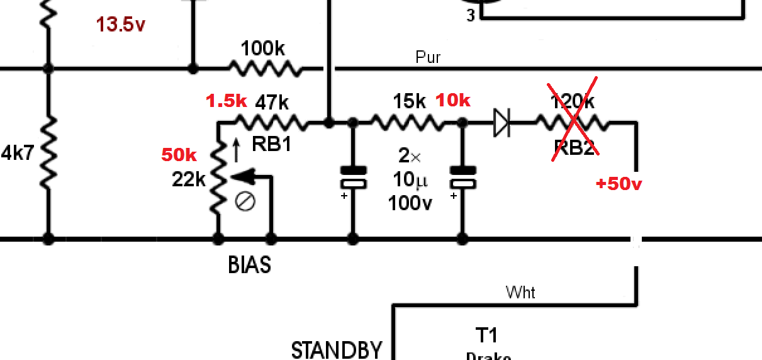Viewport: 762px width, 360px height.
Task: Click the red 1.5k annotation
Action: coord(227,101)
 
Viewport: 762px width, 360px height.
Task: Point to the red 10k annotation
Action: coord(453,101)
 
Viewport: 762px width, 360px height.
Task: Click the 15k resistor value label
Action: coord(409,101)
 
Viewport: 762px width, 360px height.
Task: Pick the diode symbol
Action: coord(501,123)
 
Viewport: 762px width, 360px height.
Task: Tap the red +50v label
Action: coord(619,184)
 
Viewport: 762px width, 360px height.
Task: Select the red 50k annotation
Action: coord(179,155)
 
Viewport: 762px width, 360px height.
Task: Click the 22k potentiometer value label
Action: coord(189,180)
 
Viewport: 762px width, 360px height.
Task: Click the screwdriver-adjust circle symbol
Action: coord(245,202)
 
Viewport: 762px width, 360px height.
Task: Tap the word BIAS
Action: coord(249,265)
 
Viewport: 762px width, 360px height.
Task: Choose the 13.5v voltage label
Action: coord(121,25)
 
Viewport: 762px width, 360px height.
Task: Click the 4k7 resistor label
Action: coord(18,153)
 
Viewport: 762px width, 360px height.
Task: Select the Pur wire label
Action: coord(428,58)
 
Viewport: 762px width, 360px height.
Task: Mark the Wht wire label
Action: coord(521,293)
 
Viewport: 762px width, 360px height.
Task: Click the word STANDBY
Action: coord(337,349)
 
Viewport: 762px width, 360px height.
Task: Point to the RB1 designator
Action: coord(271,145)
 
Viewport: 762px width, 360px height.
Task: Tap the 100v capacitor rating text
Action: coord(410,203)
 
